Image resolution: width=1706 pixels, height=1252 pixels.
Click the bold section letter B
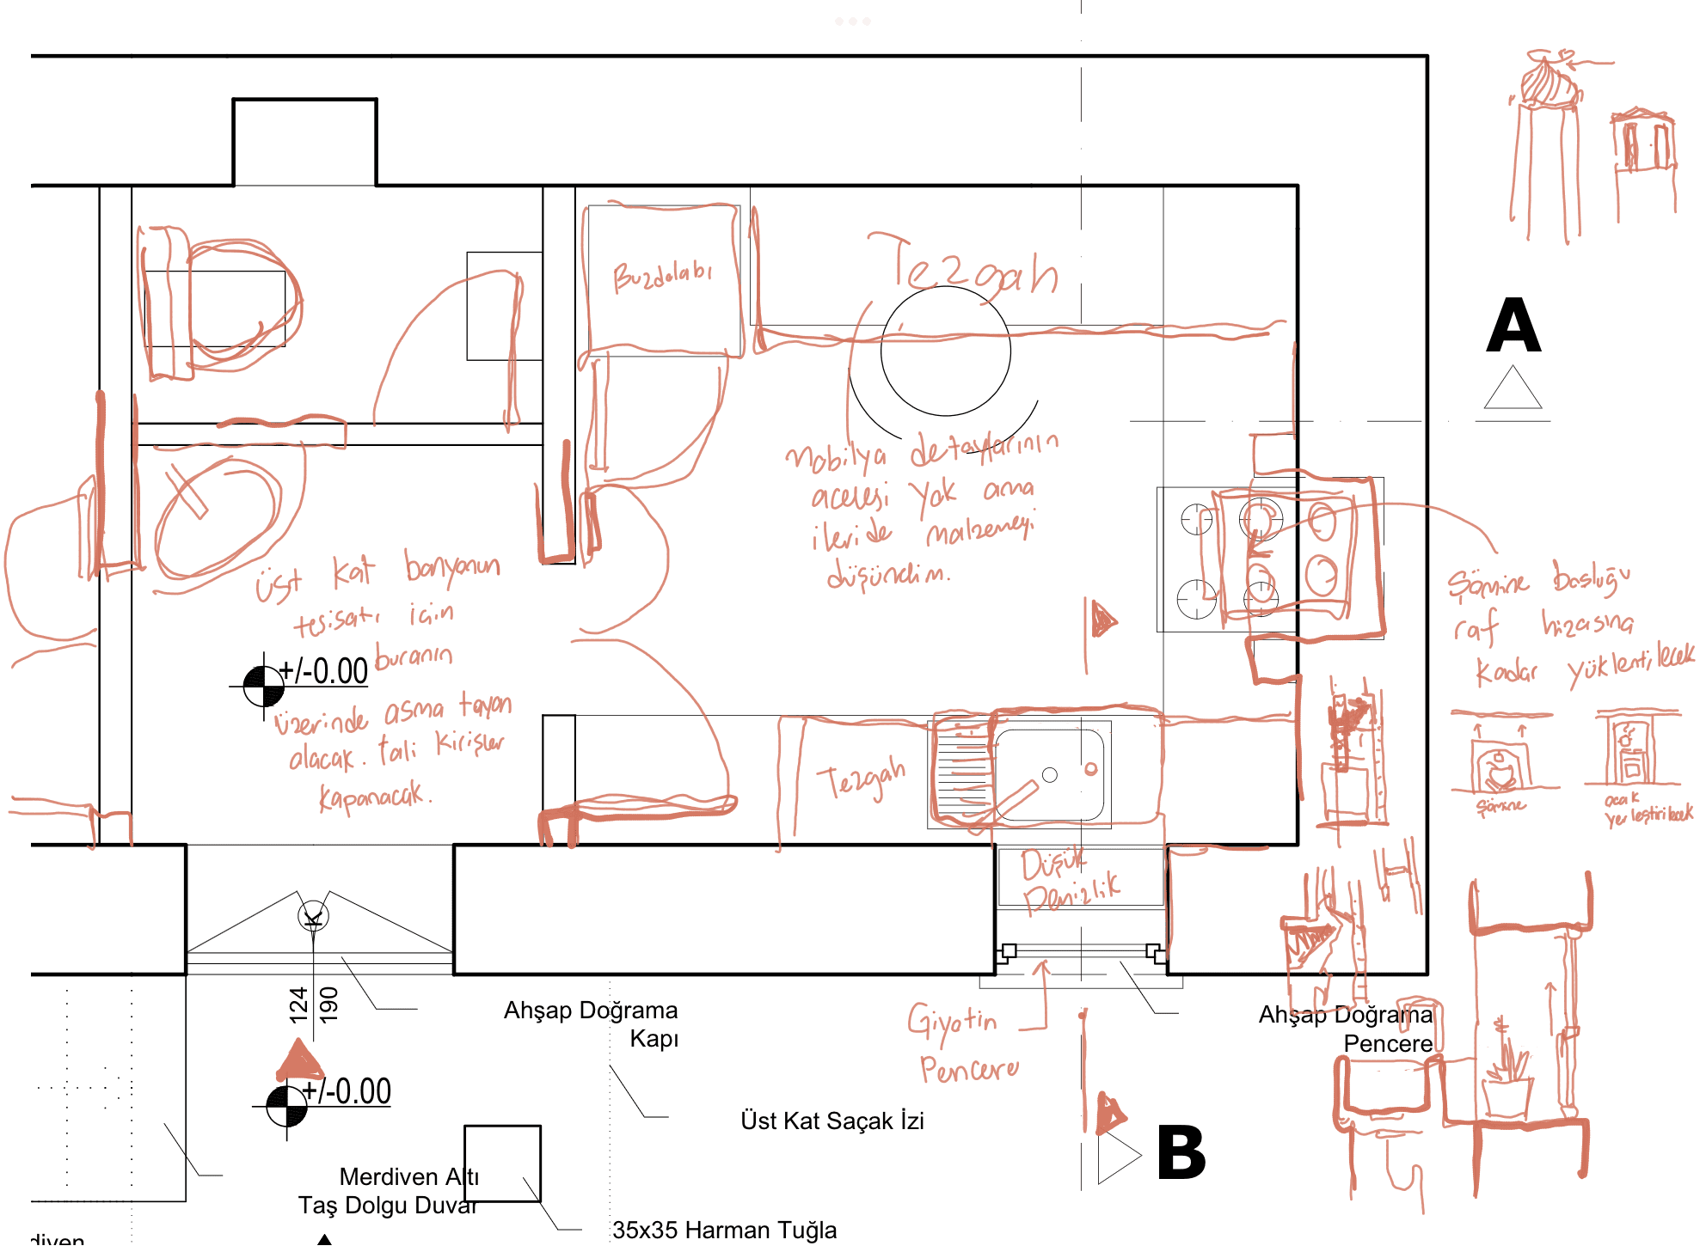point(1181,1152)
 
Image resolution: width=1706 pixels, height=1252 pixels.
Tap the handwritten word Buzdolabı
point(662,276)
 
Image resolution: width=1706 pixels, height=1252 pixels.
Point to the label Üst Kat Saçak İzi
point(832,1121)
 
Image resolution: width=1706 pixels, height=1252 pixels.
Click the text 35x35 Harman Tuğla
point(724,1230)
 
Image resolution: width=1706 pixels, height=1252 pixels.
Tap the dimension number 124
point(298,1005)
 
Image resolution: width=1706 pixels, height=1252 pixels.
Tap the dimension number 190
point(329,1005)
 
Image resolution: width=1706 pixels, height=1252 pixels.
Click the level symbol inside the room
point(264,686)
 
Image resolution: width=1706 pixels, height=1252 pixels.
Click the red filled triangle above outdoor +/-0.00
point(299,1061)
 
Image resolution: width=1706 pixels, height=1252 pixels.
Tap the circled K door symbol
point(313,916)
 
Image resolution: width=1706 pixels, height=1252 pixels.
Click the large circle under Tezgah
point(945,351)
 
